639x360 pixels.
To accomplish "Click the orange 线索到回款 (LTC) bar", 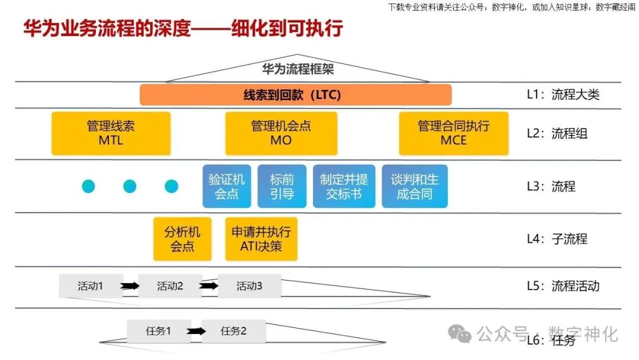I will tap(295, 95).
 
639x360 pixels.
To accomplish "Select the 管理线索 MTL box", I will tap(111, 133).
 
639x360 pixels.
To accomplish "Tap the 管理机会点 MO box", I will tap(281, 133).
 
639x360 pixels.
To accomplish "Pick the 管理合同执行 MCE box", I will tap(453, 133).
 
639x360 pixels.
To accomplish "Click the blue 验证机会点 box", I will tap(227, 186).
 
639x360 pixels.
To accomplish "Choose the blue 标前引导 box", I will tap(282, 186).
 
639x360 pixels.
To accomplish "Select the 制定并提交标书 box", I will tap(344, 186).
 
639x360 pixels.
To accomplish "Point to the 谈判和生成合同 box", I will tap(414, 186).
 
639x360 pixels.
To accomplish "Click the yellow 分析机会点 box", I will tap(182, 239).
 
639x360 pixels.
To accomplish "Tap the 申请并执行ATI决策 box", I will tap(261, 239).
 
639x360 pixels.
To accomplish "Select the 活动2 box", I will tap(170, 286).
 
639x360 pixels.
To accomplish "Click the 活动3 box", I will tap(249, 286).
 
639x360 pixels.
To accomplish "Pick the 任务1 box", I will tap(159, 331).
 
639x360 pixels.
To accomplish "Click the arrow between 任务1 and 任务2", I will tap(197, 332).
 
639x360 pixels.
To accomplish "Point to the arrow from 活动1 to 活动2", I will tap(130, 287).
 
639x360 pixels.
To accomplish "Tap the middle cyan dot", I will tap(130, 187).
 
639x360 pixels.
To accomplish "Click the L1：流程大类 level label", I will tap(563, 95).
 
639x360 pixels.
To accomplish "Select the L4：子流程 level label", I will tap(557, 239).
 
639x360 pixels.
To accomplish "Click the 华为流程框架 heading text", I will tap(298, 69).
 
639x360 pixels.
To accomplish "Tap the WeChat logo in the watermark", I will tap(460, 333).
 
